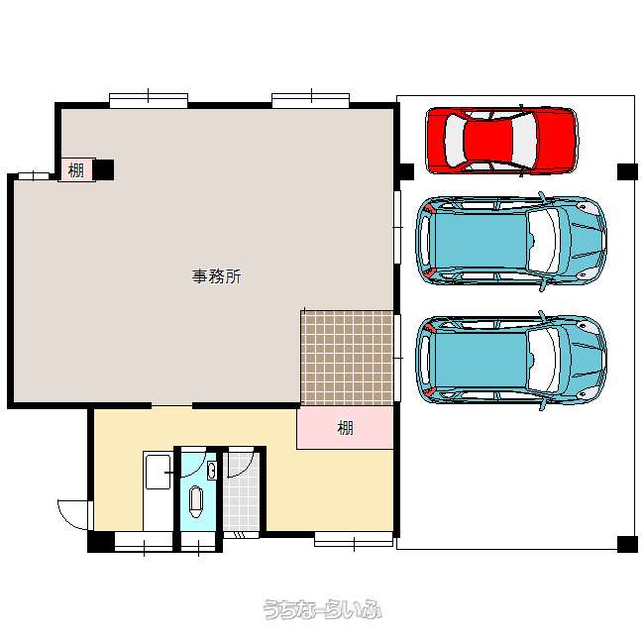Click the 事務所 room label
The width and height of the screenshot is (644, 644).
(216, 276)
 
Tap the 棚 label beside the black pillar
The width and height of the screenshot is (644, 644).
(76, 170)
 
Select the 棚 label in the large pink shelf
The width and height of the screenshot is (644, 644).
(345, 428)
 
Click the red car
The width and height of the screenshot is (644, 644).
(501, 141)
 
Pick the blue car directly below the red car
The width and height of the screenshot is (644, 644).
(511, 241)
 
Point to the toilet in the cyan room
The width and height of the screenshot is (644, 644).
(196, 502)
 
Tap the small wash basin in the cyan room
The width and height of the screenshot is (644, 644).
(212, 471)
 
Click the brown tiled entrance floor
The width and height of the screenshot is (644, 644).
(347, 358)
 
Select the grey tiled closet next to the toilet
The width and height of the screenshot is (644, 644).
(241, 491)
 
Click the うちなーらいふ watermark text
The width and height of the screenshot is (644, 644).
(322, 609)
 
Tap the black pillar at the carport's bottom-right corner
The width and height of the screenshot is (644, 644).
(627, 544)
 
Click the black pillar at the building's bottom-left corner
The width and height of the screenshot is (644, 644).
(101, 542)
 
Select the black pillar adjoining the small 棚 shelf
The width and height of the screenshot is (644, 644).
(103, 169)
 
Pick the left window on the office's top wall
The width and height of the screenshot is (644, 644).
(149, 101)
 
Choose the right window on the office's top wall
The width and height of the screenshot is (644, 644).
(310, 101)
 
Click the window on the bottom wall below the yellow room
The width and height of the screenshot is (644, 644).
(354, 539)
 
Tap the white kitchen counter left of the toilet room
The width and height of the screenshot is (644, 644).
(159, 491)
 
